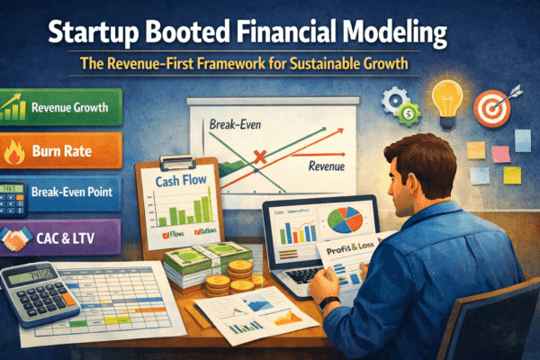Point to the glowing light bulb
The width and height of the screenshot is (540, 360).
(447, 100)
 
